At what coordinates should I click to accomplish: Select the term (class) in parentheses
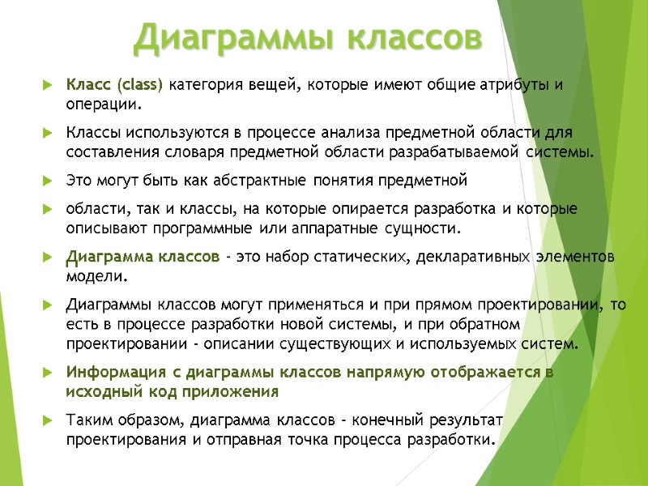[x=140, y=84]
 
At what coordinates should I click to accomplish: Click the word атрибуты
[x=509, y=84]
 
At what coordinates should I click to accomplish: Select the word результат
[x=463, y=420]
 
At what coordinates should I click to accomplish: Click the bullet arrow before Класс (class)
[x=49, y=84]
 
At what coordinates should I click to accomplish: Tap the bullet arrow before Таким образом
[x=49, y=420]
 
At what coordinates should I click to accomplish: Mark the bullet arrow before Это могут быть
[x=49, y=179]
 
